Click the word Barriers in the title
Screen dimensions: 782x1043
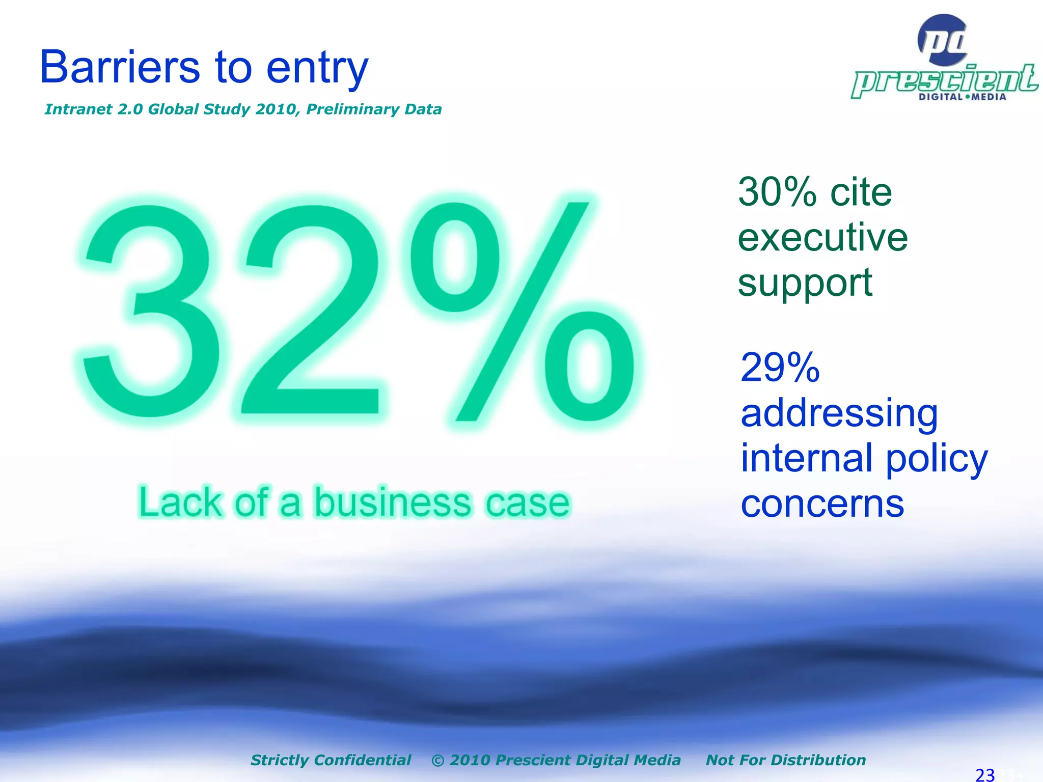(x=120, y=67)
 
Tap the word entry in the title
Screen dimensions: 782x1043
(x=317, y=70)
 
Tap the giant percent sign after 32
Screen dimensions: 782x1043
(x=525, y=311)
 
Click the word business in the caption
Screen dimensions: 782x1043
(x=392, y=502)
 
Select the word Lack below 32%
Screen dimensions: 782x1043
(x=180, y=502)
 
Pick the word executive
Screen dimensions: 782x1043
(x=822, y=238)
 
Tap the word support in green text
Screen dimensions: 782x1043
(x=805, y=284)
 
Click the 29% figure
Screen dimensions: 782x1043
(x=780, y=368)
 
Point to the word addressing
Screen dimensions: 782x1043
(x=839, y=413)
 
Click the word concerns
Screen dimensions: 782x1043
(x=822, y=504)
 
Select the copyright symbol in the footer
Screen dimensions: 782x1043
(x=437, y=760)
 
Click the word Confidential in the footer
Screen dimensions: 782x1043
(x=362, y=760)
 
